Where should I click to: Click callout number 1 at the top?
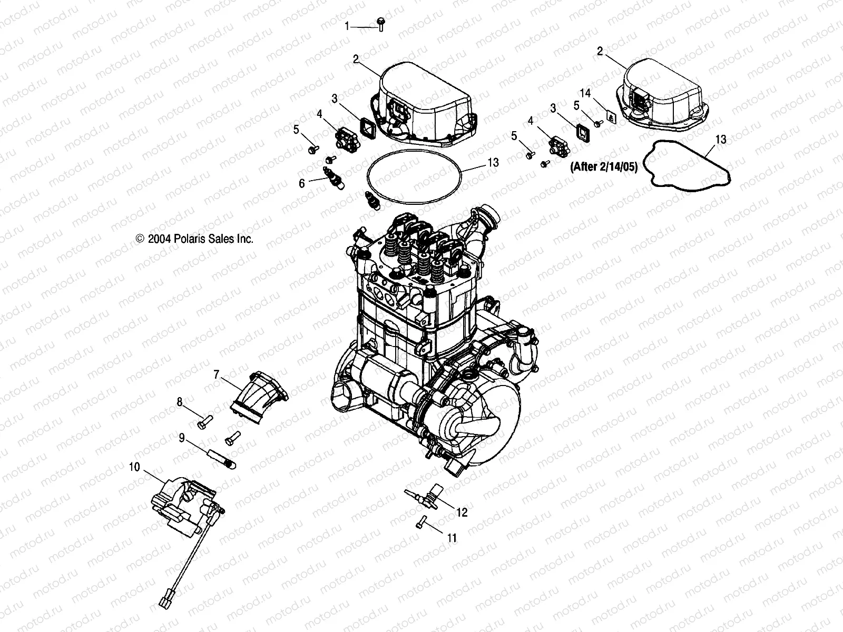[347, 26]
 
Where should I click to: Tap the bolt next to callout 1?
[380, 24]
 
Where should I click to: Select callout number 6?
[302, 183]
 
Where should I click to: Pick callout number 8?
[180, 402]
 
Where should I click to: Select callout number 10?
[135, 467]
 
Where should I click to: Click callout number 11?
[452, 538]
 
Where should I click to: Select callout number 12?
[462, 512]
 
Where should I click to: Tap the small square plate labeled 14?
[612, 117]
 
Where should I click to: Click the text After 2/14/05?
[604, 167]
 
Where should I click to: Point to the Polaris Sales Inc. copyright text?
[195, 239]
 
